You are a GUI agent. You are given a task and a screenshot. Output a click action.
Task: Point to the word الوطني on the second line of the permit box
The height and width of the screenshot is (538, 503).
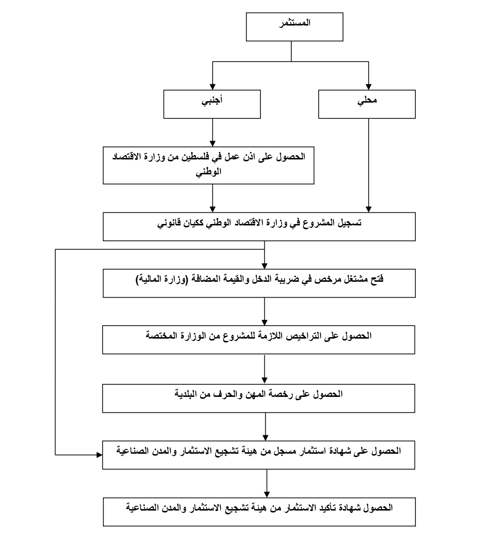[208, 172]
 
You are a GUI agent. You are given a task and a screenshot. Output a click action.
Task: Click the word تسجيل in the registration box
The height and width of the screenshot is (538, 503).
[349, 223]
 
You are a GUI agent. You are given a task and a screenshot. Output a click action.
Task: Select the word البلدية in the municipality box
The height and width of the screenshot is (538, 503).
[187, 394]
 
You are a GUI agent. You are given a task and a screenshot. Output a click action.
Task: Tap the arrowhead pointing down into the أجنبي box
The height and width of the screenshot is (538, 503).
[213, 87]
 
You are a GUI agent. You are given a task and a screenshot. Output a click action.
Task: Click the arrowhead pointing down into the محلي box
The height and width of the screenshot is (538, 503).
[369, 87]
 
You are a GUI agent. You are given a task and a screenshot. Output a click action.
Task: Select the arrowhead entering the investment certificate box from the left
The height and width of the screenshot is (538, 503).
[100, 455]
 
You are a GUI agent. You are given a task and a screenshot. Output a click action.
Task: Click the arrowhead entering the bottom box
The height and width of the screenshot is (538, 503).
[267, 495]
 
